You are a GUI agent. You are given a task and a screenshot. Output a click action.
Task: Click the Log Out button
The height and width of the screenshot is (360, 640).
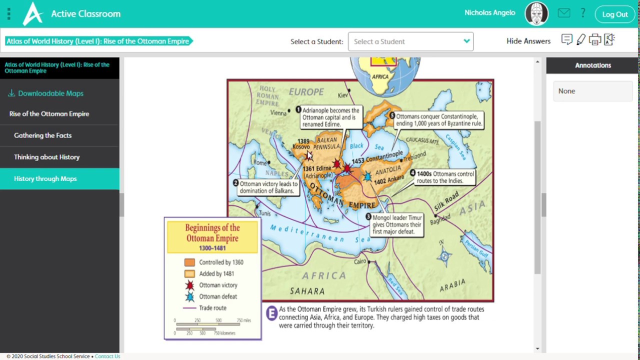click(614, 14)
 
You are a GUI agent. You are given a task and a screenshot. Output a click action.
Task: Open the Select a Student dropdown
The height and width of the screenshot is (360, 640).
click(410, 41)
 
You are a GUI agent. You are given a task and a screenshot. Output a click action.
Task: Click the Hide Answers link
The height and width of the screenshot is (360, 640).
click(528, 41)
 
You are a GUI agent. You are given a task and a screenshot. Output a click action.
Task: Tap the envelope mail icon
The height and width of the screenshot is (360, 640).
click(564, 13)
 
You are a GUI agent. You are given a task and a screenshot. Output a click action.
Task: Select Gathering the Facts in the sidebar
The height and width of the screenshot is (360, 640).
click(42, 135)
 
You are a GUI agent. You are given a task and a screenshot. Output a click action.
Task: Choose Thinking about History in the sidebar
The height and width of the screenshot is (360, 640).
click(46, 157)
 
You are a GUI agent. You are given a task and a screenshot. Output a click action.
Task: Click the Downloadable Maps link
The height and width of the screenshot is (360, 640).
click(50, 93)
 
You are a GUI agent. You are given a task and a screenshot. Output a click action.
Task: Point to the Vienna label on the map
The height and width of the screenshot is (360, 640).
click(278, 113)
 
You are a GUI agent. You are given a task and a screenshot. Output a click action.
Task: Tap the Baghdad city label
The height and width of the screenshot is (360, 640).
click(440, 219)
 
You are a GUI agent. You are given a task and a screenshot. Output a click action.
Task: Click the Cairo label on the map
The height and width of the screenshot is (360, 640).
click(360, 261)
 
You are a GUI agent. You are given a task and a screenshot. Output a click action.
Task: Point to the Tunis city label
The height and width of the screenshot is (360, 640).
click(264, 213)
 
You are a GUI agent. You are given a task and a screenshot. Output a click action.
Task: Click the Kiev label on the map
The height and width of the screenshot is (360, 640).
click(343, 95)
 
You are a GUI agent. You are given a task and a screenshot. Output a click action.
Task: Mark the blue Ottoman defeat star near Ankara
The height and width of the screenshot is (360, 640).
click(368, 176)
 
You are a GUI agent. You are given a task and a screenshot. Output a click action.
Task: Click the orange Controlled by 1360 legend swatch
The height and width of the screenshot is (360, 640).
click(189, 262)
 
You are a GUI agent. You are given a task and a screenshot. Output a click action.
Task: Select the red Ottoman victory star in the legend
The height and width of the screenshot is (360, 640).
click(189, 285)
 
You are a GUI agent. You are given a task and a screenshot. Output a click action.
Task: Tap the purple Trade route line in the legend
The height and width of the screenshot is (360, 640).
click(189, 308)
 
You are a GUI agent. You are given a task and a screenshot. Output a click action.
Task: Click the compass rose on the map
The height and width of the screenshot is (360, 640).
click(444, 256)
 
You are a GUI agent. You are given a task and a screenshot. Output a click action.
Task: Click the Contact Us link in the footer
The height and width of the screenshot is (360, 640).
click(107, 356)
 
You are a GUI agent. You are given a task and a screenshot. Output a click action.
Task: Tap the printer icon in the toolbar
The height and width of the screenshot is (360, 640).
click(594, 40)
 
